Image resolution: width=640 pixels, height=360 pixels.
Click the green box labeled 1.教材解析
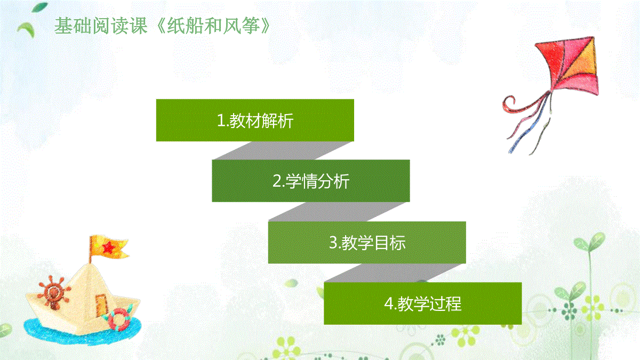255,121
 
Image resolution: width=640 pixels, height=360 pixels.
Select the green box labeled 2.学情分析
311,181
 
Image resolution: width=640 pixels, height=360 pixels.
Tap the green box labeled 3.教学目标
367,242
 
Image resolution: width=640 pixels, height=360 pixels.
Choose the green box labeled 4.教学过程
423,303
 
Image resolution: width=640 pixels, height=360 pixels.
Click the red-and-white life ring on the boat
118,319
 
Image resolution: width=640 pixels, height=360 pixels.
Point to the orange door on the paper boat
101,305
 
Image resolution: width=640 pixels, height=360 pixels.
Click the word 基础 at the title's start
73,26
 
